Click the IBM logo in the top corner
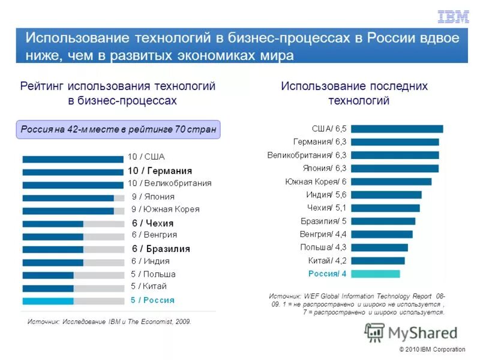453,17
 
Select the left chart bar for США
73,159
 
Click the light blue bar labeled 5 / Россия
48,301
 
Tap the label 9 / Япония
153,196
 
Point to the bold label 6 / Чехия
152,223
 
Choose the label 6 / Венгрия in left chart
154,235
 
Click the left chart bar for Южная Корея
68,211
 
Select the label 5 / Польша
153,274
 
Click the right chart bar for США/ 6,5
397,128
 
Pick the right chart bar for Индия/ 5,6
386,194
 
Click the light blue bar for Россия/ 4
375,274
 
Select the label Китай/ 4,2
328,260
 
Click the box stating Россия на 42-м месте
118,130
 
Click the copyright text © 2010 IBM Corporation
432,350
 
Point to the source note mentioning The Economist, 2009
109,322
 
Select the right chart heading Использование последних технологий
354,93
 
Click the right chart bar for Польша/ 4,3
379,247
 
